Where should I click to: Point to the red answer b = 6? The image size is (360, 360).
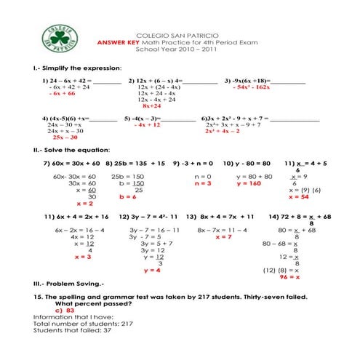(x=127, y=196)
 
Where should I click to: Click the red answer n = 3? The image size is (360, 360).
(x=203, y=183)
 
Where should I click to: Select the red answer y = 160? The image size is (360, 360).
(x=249, y=183)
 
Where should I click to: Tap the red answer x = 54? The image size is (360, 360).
(x=299, y=196)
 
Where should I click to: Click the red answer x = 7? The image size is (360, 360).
(x=224, y=236)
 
